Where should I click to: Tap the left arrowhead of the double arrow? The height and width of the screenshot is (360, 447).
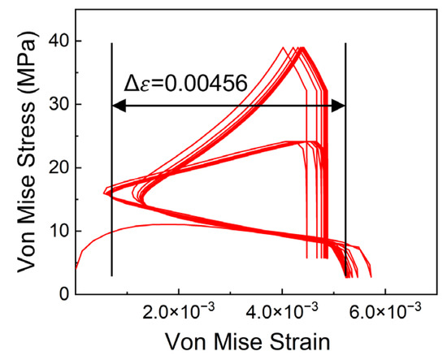tap(117, 105)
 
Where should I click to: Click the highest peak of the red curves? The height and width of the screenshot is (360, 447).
tap(302, 48)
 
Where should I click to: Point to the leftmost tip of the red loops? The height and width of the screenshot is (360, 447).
tap(105, 193)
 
